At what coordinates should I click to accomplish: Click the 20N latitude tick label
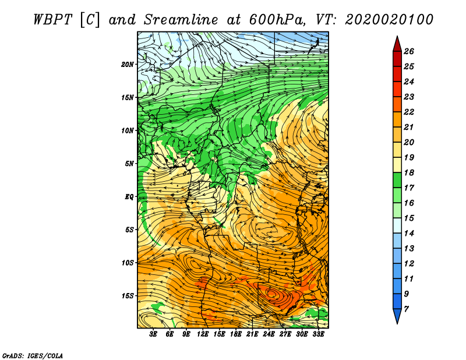coord(128,65)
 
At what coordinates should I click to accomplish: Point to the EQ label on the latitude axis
coord(129,197)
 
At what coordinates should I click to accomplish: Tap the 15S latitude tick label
coord(128,296)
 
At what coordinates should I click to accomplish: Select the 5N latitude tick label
coord(129,164)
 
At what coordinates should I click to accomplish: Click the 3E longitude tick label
coord(153,334)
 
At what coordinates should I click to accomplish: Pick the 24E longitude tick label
coord(269,334)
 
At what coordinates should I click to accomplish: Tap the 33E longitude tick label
coord(318,334)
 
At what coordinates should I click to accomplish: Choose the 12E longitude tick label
coord(203,334)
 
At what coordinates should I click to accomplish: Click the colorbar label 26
coord(409,51)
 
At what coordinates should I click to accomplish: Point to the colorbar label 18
coord(409,172)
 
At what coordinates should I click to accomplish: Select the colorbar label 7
coord(407,309)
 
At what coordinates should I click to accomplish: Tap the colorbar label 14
coord(409,234)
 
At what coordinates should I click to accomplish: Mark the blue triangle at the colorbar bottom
coord(397,315)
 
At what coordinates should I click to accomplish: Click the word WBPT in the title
coord(53,20)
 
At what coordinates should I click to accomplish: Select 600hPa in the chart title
coord(277,20)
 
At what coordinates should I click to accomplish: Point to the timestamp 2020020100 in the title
coord(389,20)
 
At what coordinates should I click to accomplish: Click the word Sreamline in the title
coord(181,20)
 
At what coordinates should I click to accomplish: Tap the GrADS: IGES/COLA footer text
coord(33,356)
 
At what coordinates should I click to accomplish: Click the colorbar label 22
coord(409,112)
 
